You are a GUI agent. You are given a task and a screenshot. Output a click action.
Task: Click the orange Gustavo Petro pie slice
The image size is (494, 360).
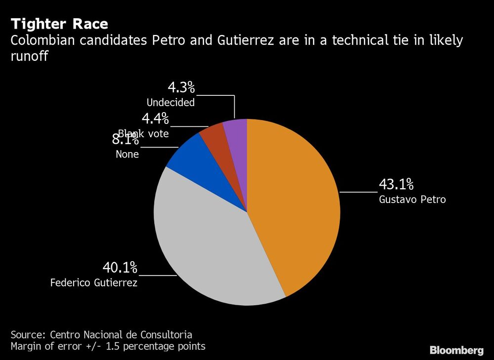point(296,207)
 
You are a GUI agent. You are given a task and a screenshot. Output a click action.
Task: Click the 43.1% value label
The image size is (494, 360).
point(396,185)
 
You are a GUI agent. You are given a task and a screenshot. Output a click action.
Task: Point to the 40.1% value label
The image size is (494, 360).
point(120,268)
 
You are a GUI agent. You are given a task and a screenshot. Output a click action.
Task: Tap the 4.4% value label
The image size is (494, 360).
point(155,119)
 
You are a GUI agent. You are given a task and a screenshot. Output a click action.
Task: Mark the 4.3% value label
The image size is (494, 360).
point(181,88)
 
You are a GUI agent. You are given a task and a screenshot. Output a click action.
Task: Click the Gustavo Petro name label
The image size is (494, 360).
point(412,200)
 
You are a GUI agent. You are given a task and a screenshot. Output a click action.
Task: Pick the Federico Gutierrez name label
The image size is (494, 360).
point(94,283)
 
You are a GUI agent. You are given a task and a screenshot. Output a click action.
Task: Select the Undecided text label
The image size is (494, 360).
point(170,103)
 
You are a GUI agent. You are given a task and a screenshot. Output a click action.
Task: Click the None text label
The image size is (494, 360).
point(127,154)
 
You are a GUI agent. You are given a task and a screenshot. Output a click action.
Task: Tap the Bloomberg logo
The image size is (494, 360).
point(456,351)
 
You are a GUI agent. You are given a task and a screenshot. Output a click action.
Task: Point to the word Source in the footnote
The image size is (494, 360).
point(28,334)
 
